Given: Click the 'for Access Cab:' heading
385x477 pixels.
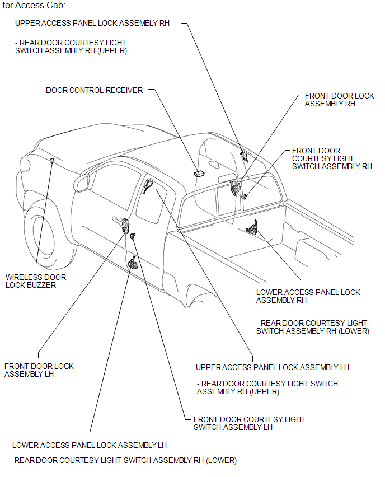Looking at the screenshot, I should [34, 6].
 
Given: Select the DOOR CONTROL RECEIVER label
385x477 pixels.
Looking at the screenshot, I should [94, 90].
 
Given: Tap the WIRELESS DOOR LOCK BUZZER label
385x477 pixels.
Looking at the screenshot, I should [35, 281].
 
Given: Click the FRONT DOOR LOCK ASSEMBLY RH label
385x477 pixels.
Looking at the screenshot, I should [339, 100].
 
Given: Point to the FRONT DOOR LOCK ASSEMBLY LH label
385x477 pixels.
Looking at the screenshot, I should [39, 370].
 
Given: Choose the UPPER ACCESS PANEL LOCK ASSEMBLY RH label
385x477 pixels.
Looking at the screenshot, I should [92, 24].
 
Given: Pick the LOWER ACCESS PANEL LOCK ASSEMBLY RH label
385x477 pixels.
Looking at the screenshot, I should [308, 296].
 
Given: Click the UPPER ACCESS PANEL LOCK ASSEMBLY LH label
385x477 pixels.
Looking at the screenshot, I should [272, 367].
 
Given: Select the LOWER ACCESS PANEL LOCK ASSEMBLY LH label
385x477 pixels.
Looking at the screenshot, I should [90, 445].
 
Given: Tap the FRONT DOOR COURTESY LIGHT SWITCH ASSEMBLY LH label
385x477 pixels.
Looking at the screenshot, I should [249, 423].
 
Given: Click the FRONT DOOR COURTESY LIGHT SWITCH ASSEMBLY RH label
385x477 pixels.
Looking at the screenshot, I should [332, 158].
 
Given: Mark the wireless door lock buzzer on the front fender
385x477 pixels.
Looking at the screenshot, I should [52, 161].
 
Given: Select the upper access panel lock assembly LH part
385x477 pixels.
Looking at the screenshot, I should [148, 185].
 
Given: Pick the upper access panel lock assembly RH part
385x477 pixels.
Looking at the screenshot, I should [243, 156].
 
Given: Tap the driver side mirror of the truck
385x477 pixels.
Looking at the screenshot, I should [82, 183].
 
